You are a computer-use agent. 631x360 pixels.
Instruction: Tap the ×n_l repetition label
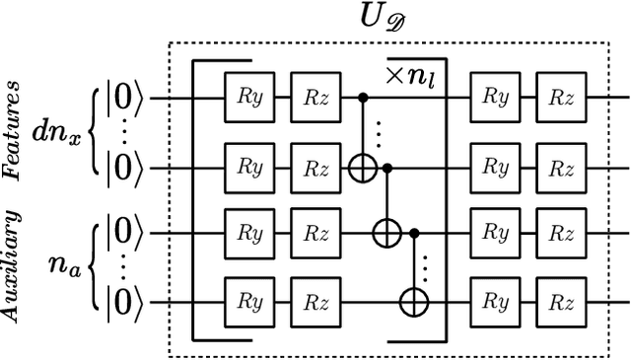[x=412, y=75]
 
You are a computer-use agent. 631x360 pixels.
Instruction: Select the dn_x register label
[x=56, y=132]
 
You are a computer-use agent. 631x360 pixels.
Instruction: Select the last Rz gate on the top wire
[x=559, y=100]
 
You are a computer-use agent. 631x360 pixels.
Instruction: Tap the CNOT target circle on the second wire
[x=363, y=168]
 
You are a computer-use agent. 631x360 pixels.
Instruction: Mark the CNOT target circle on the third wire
[x=388, y=235]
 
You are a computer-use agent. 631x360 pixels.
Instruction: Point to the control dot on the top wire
[x=363, y=100]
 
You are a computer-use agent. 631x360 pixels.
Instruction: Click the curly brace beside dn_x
[x=95, y=133]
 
